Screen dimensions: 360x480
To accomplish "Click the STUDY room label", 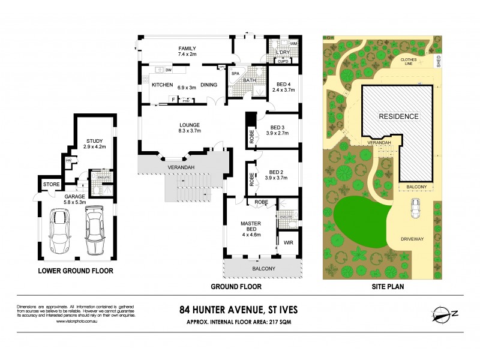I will click(94, 141).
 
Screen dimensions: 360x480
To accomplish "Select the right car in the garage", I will click(95, 231).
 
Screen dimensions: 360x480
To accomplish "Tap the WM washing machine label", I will click(294, 44).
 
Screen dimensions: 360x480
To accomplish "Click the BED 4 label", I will click(281, 84).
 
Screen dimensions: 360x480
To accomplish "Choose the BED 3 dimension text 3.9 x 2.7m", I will click(277, 133).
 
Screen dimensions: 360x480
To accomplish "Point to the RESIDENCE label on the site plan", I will click(397, 116).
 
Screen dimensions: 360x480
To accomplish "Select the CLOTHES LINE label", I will click(412, 64).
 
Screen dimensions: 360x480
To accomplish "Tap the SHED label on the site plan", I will click(439, 63).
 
